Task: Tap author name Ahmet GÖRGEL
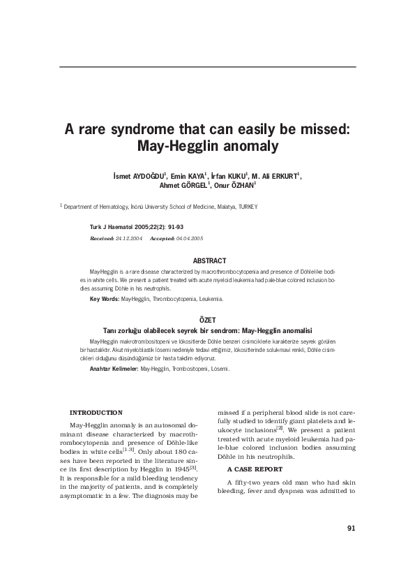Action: point(179,186)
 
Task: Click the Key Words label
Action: point(105,299)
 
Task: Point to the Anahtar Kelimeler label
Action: point(114,368)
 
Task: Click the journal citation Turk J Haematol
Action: point(114,228)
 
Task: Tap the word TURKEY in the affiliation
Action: point(248,207)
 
